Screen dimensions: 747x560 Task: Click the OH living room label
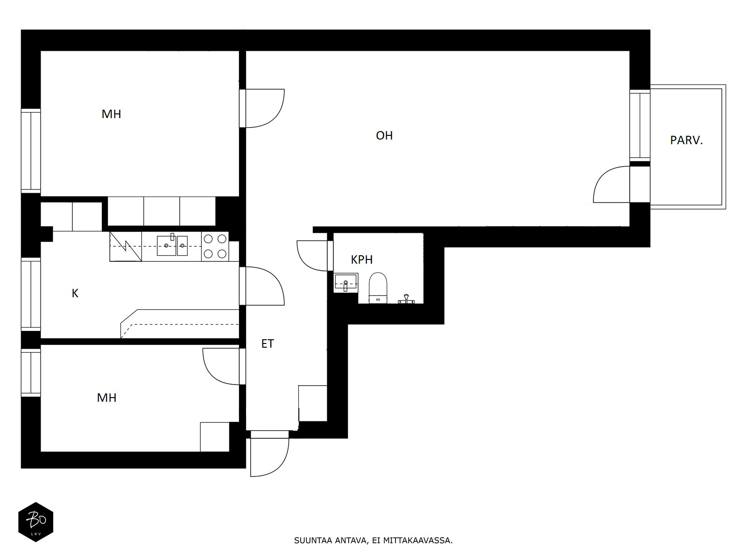click(x=384, y=136)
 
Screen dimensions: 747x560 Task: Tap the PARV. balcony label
click(x=686, y=140)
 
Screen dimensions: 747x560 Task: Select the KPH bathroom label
click(x=362, y=260)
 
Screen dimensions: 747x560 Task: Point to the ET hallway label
click(x=268, y=344)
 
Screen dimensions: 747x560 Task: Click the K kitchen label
click(x=75, y=293)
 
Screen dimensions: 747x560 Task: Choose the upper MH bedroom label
click(x=111, y=114)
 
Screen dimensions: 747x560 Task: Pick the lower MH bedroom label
click(x=106, y=398)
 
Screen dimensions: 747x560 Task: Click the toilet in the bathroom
click(x=378, y=287)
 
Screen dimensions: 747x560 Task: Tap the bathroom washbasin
click(x=346, y=283)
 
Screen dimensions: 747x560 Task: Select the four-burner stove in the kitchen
click(x=215, y=246)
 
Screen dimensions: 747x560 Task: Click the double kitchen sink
click(x=172, y=245)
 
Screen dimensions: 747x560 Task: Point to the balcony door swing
click(x=612, y=184)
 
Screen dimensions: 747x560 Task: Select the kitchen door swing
click(x=265, y=286)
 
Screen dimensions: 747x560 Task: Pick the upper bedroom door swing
click(x=265, y=108)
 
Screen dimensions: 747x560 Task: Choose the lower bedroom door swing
click(x=221, y=366)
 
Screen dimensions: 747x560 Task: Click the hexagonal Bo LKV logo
click(x=36, y=522)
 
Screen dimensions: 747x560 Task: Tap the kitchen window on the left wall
click(x=31, y=294)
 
